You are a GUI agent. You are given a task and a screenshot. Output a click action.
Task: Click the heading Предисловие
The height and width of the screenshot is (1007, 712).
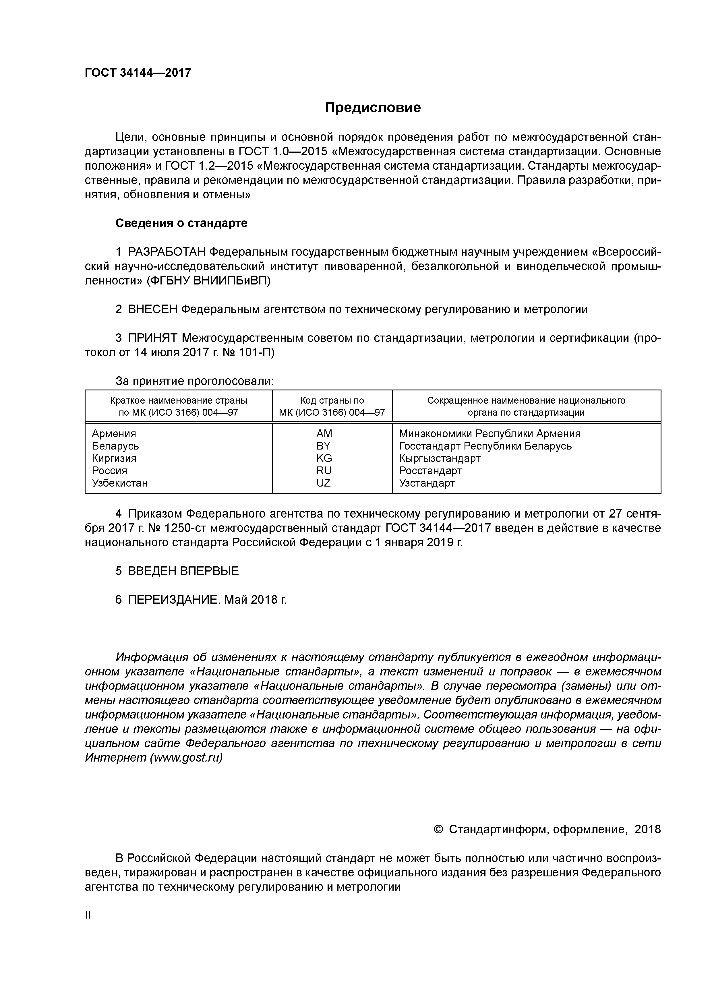[372, 107]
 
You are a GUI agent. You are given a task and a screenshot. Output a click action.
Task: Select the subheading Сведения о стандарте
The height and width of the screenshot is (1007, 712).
[181, 223]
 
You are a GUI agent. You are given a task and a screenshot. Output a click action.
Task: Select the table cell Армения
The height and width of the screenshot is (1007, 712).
[114, 433]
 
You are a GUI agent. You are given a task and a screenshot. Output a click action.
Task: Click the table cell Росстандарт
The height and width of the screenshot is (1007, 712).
[430, 470]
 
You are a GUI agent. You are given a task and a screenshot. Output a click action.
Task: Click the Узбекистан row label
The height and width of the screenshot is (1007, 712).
[120, 483]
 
